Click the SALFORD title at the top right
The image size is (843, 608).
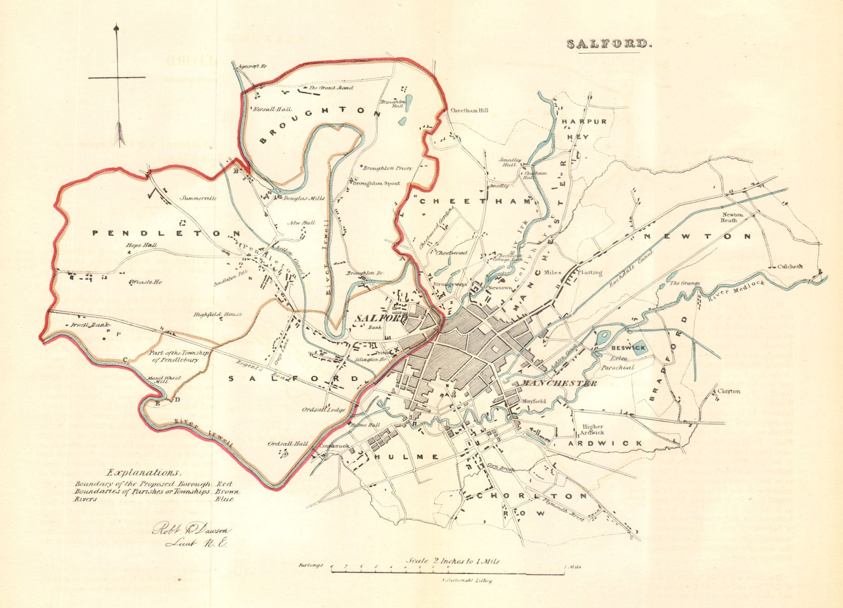609,44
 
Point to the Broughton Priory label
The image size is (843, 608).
387,168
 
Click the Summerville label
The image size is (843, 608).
199,199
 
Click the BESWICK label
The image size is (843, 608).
625,348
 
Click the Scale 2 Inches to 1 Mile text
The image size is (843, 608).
453,561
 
